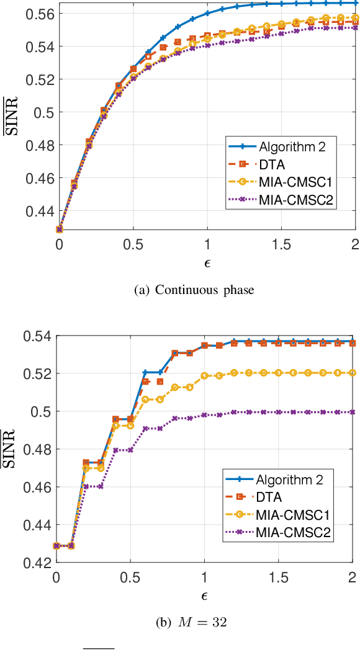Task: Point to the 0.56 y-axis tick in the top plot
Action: pyautogui.click(x=40, y=14)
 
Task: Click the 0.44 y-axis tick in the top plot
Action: pyautogui.click(x=40, y=211)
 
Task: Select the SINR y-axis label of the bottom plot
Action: pyautogui.click(x=9, y=450)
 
